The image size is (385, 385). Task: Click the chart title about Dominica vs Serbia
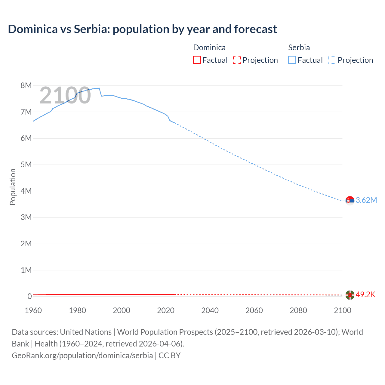(142, 29)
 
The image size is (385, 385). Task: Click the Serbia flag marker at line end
(350, 200)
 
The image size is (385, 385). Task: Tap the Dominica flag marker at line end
(350, 295)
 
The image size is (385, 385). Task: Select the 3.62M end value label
(366, 200)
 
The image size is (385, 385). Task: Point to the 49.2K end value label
(365, 295)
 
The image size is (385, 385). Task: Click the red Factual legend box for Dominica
(197, 60)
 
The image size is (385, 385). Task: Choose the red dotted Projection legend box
(237, 60)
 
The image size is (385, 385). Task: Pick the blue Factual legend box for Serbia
(292, 60)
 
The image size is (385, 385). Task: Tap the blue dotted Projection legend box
(332, 60)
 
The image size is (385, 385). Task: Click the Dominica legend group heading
(209, 48)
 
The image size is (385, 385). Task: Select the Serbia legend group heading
(299, 48)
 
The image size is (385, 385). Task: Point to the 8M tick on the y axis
(26, 85)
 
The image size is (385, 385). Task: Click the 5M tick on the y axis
(26, 165)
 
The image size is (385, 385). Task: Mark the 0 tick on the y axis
(29, 296)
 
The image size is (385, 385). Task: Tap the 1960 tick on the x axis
(33, 310)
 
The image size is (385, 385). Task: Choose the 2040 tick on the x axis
(210, 310)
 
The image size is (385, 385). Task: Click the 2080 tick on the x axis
(298, 310)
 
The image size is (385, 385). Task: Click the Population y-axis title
(13, 187)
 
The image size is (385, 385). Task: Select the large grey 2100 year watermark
(65, 95)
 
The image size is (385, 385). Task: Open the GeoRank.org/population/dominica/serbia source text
(82, 356)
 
